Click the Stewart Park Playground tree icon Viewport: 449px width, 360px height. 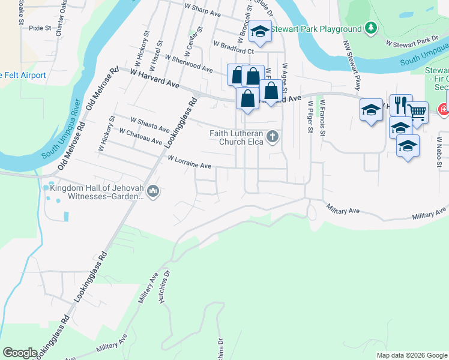point(372,28)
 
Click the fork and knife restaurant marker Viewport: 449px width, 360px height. point(401,104)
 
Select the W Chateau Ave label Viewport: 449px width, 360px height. point(141,136)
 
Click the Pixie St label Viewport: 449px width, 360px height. point(40,28)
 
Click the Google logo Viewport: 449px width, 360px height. point(20,353)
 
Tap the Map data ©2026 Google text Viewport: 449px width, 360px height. point(411,355)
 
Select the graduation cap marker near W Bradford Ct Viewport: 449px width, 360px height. point(260,32)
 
